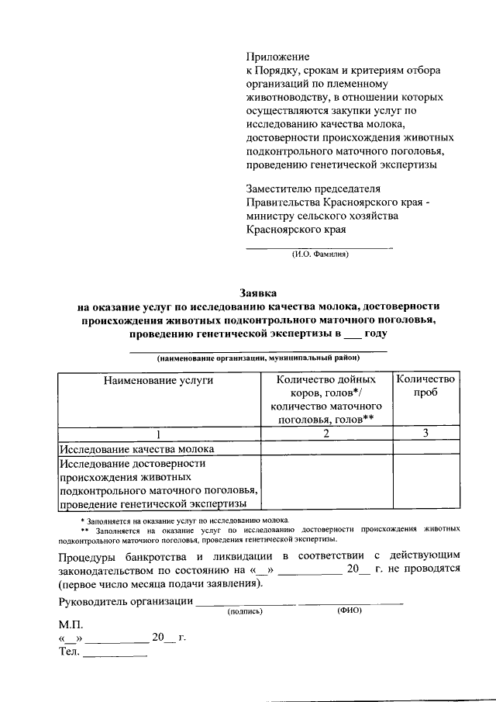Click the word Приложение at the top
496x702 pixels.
click(277, 57)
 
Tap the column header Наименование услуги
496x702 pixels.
click(159, 379)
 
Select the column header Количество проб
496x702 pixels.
click(425, 386)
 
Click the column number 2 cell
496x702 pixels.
click(327, 434)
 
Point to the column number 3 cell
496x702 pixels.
click(425, 434)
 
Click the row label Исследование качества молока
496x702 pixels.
click(137, 448)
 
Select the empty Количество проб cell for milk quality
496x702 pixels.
click(425, 448)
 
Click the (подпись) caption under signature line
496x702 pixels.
click(245, 611)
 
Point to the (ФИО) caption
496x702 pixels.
click(350, 610)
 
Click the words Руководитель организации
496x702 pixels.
click(125, 601)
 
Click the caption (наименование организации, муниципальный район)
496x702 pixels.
click(258, 358)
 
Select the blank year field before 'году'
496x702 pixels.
click(353, 334)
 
